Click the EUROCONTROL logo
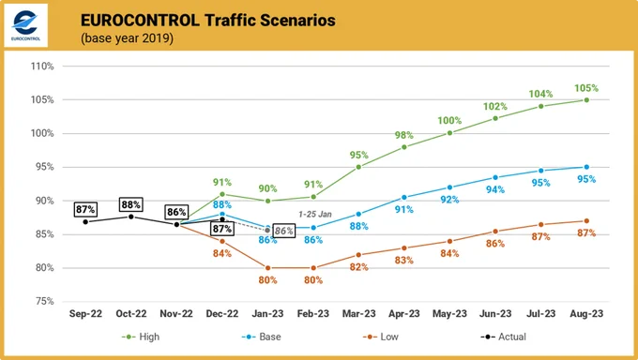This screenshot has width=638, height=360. tap(25, 25)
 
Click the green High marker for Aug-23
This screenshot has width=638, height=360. tap(586, 99)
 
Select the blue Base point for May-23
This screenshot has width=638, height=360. tap(449, 187)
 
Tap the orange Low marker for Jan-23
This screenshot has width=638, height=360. tap(267, 268)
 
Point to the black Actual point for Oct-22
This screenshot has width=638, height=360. tap(131, 217)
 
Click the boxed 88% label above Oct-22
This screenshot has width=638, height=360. tap(131, 204)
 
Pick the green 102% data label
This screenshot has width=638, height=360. tap(495, 107)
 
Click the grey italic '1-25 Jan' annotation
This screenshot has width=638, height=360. tap(315, 215)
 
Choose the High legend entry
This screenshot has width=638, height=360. tap(141, 337)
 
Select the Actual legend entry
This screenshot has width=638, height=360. tap(503, 337)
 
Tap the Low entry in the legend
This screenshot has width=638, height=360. tap(380, 337)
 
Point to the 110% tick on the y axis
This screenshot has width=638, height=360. tap(42, 66)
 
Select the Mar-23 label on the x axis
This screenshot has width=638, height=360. tap(358, 314)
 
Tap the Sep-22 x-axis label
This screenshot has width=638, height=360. tap(85, 314)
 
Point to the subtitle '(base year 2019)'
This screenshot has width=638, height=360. tap(127, 38)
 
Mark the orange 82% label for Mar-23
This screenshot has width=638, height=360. tap(358, 267)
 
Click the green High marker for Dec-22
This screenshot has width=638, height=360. tap(222, 194)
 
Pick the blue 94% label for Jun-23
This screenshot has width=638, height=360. tap(495, 189)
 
